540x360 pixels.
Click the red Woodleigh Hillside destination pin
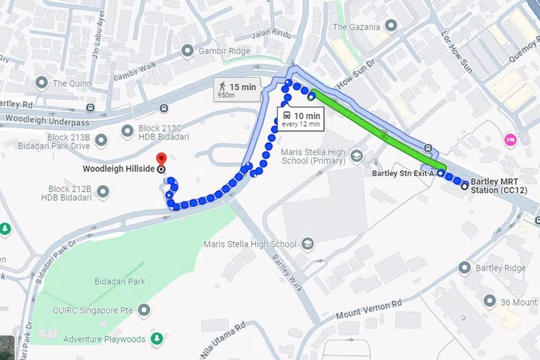pyautogui.click(x=160, y=158)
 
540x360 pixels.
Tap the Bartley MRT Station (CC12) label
pyautogui.click(x=499, y=186)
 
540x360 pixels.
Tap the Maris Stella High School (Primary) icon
pyautogui.click(x=356, y=155)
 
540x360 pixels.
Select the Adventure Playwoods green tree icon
pyautogui.click(x=157, y=338)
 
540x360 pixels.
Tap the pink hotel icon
pyautogui.click(x=510, y=139)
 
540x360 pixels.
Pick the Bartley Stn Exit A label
pyautogui.click(x=402, y=174)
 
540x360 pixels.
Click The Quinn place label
pyautogui.click(x=70, y=83)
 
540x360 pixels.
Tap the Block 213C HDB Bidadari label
pyautogui.click(x=163, y=132)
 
